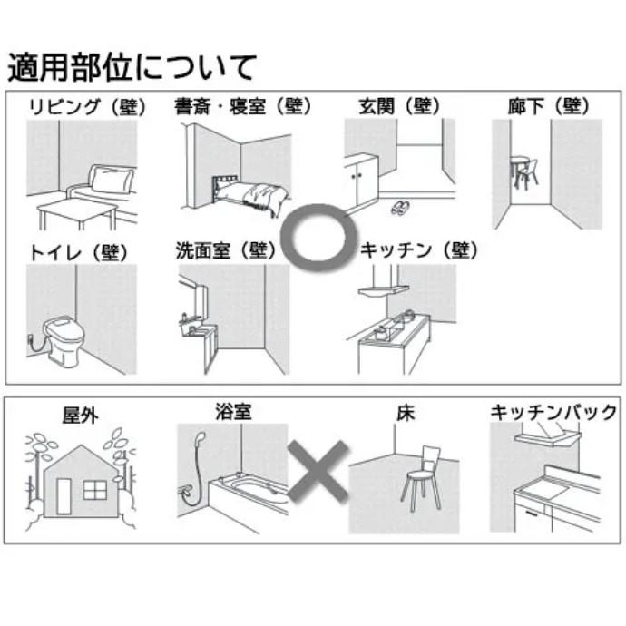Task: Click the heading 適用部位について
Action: (x=132, y=67)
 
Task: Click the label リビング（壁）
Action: (x=85, y=105)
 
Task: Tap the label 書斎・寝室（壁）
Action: (x=241, y=105)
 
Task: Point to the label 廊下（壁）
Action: (x=549, y=105)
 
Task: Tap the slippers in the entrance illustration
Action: (x=400, y=209)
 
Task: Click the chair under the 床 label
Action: (x=422, y=476)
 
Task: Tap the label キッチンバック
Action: (x=553, y=413)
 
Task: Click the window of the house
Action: (x=94, y=490)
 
